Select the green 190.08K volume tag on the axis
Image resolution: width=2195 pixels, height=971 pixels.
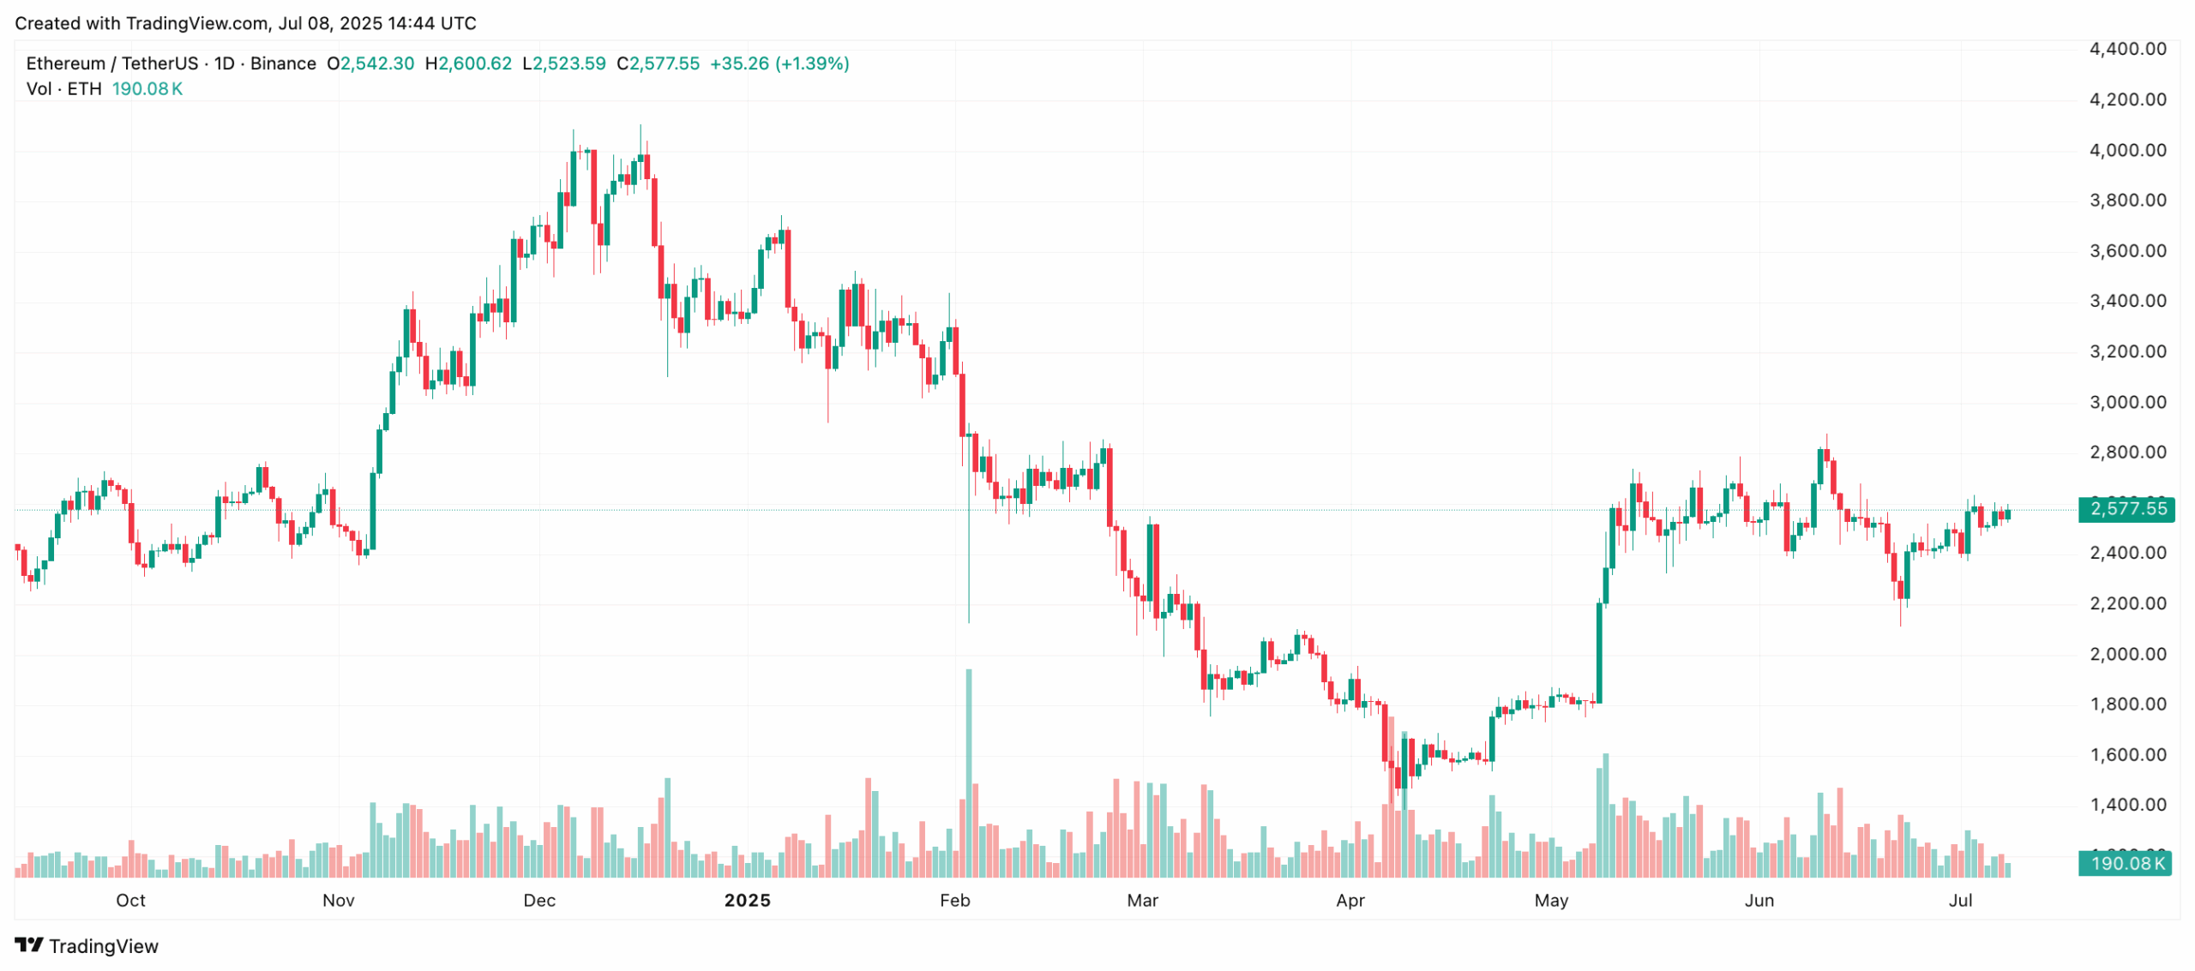click(x=2126, y=863)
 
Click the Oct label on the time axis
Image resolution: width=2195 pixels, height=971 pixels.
click(x=130, y=900)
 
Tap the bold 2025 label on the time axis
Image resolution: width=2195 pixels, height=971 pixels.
click(x=747, y=900)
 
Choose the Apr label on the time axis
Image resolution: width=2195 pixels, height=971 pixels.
click(x=1350, y=900)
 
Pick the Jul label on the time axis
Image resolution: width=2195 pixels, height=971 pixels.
click(x=1960, y=900)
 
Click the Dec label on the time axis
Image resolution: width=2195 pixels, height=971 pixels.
click(x=539, y=900)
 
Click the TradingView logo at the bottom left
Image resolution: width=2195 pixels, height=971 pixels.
click(x=87, y=945)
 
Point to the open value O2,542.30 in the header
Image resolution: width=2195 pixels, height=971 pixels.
click(x=370, y=63)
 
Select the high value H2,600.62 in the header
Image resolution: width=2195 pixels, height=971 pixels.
click(x=468, y=63)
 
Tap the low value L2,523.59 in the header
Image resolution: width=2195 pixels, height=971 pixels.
click(x=563, y=63)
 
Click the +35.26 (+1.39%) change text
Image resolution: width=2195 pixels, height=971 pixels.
click(x=779, y=63)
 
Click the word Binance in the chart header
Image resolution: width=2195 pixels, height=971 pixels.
click(x=283, y=63)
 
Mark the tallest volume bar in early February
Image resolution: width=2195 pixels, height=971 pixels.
click(x=969, y=771)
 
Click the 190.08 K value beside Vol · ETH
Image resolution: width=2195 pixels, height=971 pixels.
click(x=147, y=89)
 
